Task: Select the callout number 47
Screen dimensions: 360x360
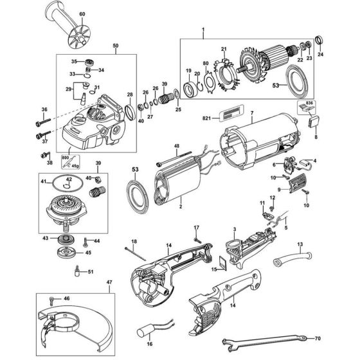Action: (109, 282)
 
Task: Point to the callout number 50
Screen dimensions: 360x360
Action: (115, 47)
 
